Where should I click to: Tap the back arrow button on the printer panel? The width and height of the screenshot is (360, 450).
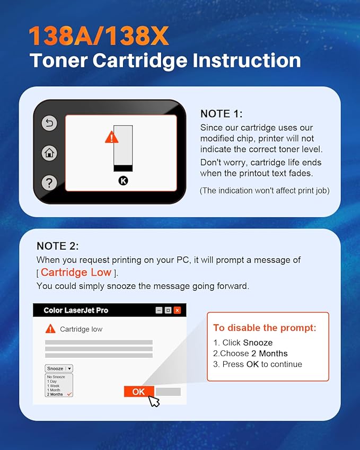pos(49,123)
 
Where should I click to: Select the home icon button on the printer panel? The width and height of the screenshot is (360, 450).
pos(49,153)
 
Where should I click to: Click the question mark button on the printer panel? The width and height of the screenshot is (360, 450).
pos(49,183)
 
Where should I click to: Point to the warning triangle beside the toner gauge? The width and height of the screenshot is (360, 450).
pos(111,137)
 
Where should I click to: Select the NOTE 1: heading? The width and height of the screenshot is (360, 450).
pos(221,113)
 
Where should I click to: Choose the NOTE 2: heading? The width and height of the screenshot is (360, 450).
pos(58,246)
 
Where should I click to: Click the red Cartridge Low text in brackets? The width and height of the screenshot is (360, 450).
pos(76,272)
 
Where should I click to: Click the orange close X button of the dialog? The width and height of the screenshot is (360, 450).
pos(177,310)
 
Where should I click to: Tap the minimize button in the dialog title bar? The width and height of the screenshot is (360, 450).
pos(159,310)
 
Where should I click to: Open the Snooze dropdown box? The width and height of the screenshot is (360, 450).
pos(59,368)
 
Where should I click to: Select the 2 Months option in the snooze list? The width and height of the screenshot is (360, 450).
pos(55,394)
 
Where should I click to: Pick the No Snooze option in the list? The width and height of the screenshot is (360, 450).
pos(56,377)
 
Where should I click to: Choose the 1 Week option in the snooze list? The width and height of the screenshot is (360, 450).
pos(54,386)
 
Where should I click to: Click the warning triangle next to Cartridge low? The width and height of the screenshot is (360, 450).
pos(50,329)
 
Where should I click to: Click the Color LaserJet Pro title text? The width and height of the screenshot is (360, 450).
pos(76,310)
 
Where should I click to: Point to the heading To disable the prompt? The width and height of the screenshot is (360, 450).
pos(265,328)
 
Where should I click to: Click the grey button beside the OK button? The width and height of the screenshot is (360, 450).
pos(168,392)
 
